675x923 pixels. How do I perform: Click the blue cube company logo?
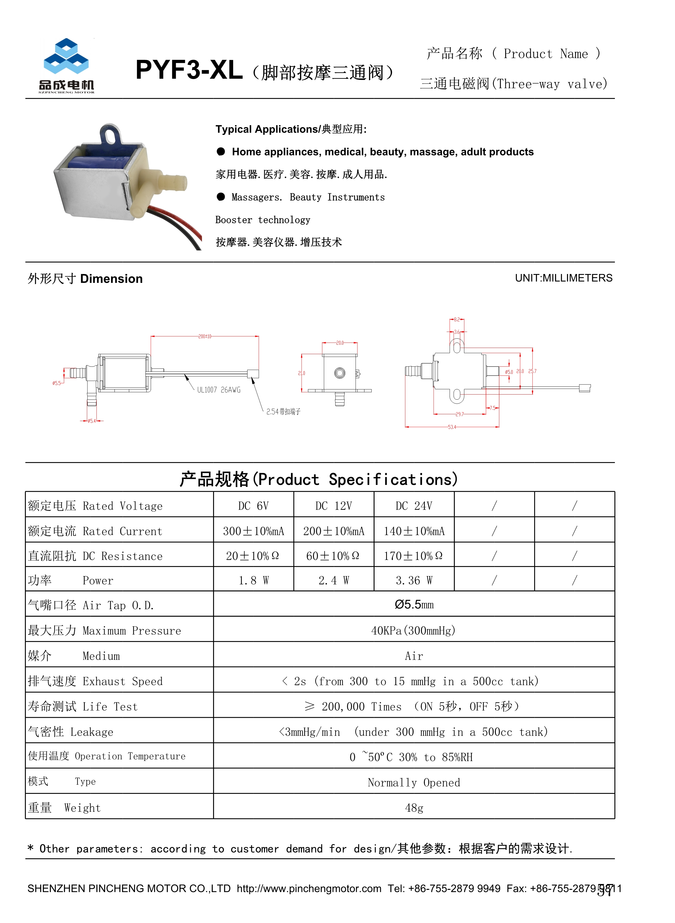click(x=66, y=57)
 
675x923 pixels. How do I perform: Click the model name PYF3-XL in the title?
click(x=189, y=70)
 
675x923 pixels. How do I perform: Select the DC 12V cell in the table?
click(x=333, y=506)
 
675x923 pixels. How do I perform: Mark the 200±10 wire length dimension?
click(x=205, y=336)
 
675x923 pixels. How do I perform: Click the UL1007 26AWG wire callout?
click(x=219, y=390)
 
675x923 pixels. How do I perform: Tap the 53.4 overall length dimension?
click(x=452, y=427)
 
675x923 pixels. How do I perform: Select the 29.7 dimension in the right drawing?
click(x=460, y=414)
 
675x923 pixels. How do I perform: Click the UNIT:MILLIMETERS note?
click(x=563, y=278)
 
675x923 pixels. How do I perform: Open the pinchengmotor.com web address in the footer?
click(x=309, y=888)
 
